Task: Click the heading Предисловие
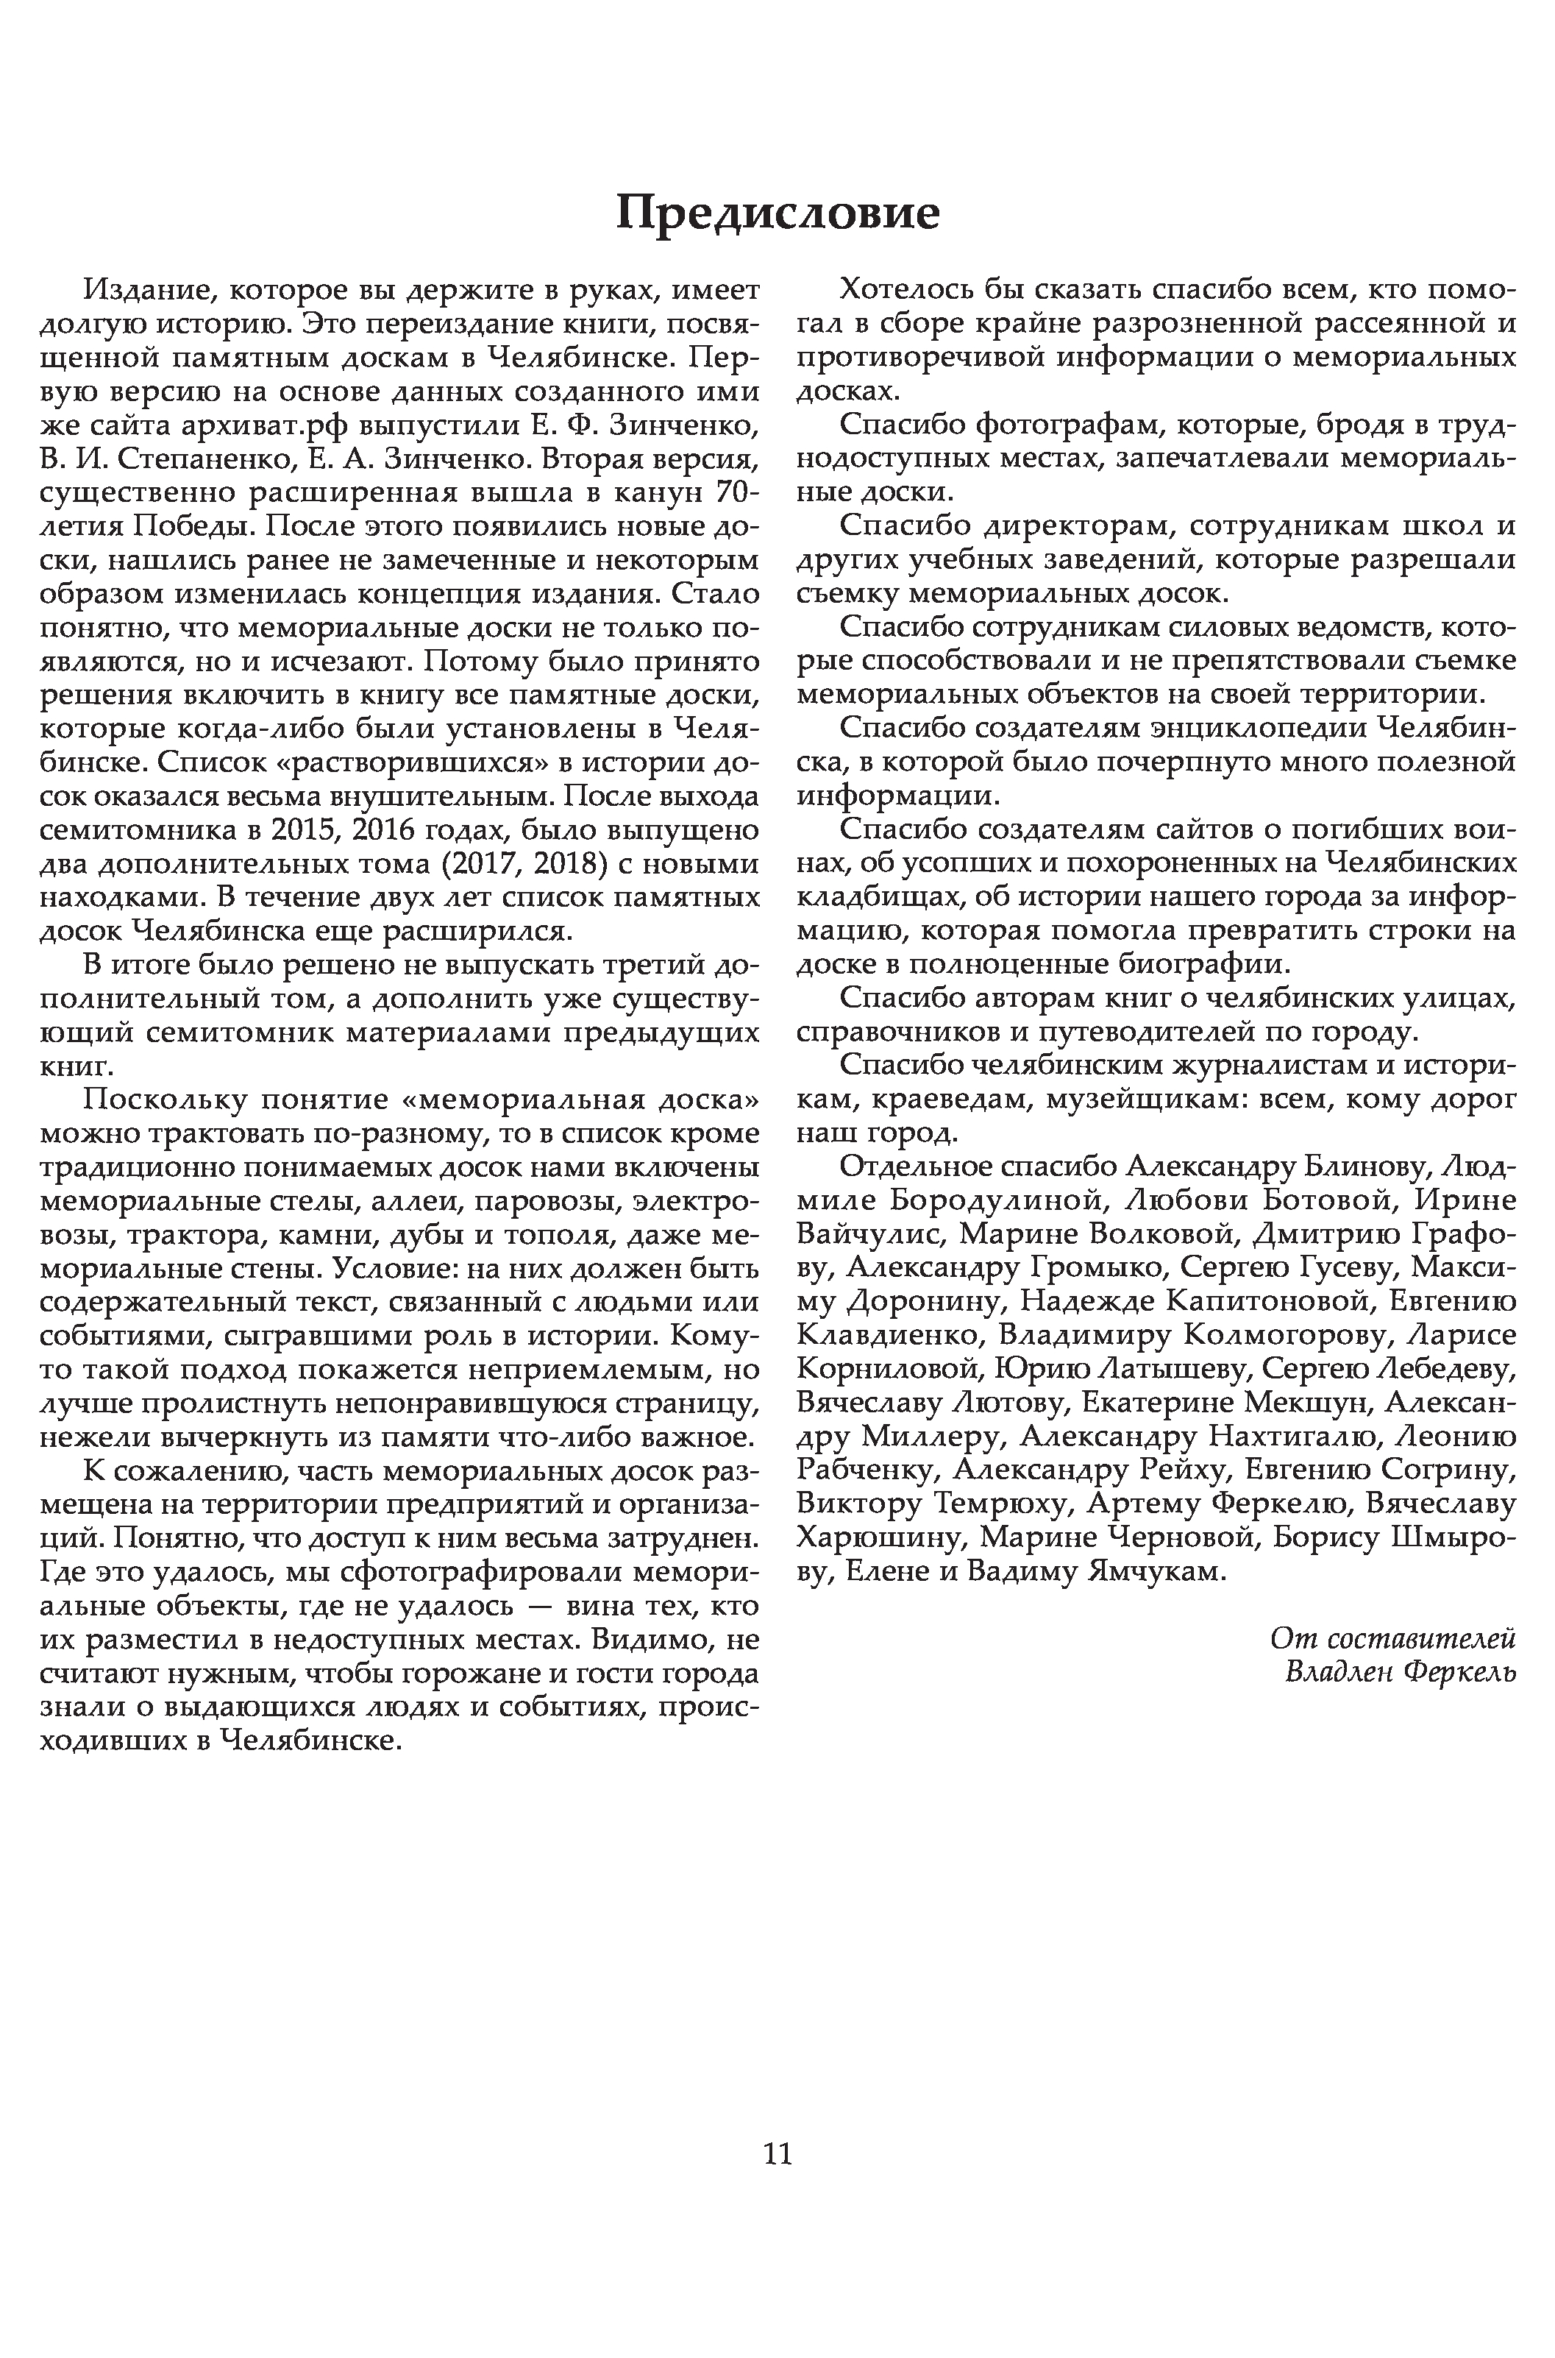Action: click(777, 212)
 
